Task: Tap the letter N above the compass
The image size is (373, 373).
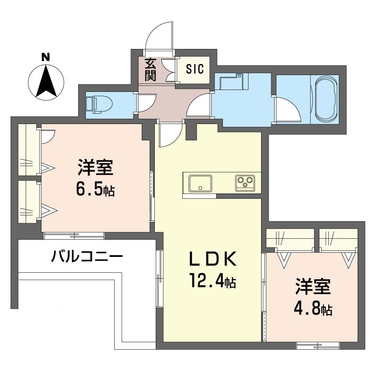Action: [46, 57]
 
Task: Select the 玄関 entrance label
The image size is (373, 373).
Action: [150, 69]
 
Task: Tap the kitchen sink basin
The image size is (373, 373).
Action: [200, 183]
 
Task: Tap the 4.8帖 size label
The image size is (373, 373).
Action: [313, 309]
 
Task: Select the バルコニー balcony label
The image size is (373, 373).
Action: [87, 256]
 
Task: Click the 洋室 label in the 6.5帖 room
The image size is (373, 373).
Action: [96, 166]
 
